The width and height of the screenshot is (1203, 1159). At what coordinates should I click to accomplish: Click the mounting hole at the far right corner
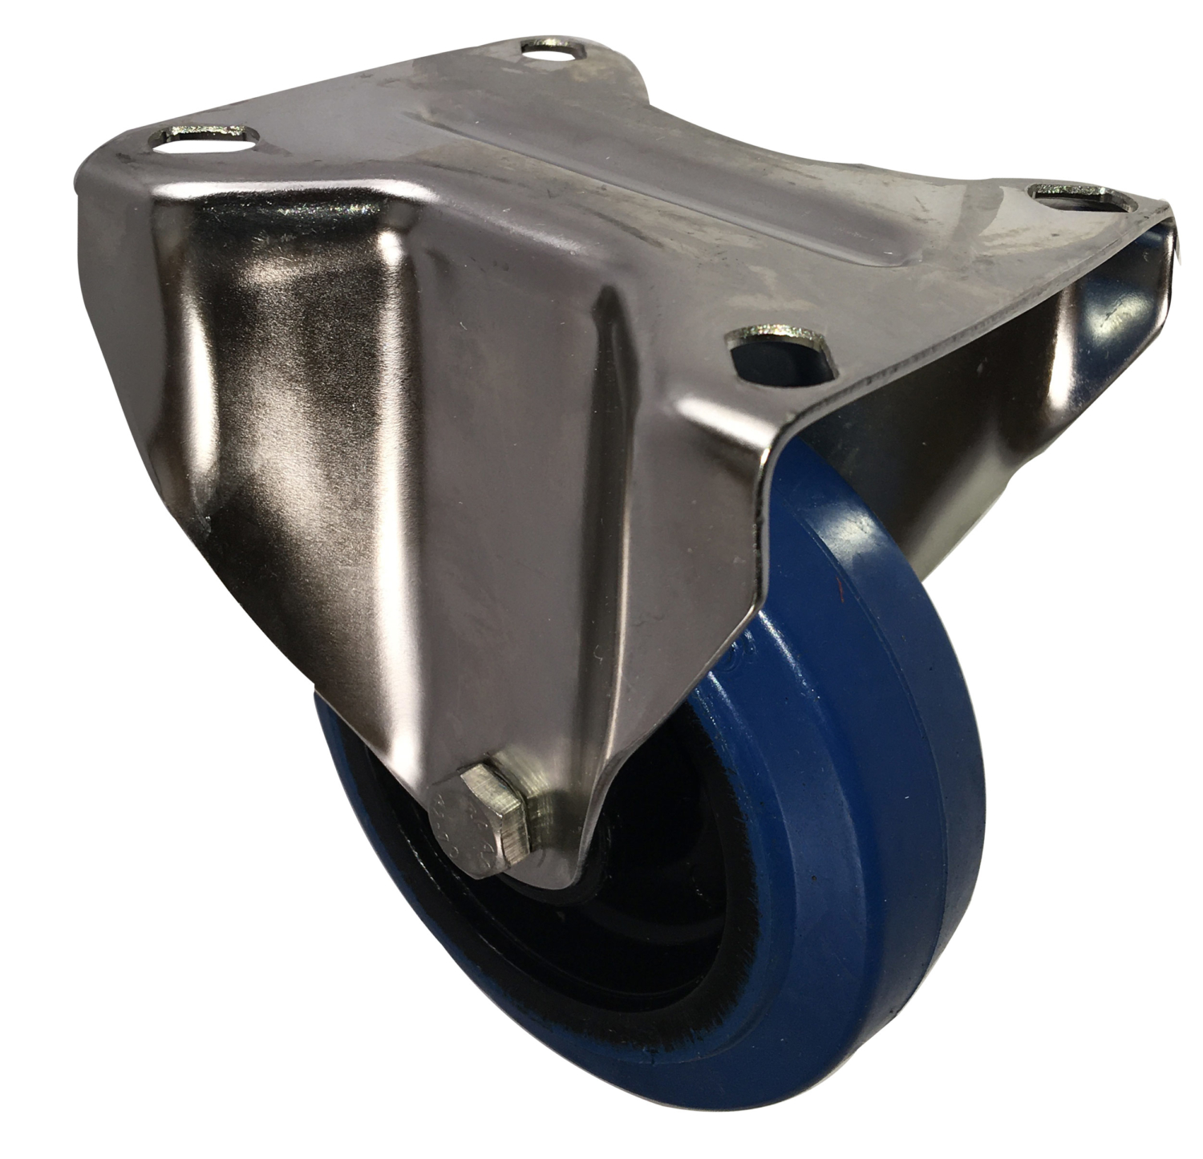[x=1067, y=195]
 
